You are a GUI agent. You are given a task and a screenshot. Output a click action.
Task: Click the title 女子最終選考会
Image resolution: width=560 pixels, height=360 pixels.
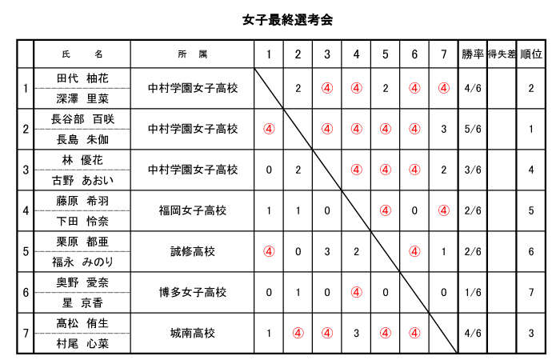tap(287, 20)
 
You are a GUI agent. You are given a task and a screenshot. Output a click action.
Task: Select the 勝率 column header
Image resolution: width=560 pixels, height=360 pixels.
tap(473, 54)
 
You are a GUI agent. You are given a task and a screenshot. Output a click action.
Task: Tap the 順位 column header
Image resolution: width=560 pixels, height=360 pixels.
tap(531, 54)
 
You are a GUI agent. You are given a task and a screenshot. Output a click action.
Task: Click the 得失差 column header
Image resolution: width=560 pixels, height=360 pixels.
tap(502, 54)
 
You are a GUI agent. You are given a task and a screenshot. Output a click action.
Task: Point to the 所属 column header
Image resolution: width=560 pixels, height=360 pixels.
tap(193, 54)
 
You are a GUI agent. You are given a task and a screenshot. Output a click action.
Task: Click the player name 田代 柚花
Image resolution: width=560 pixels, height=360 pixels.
tap(82, 78)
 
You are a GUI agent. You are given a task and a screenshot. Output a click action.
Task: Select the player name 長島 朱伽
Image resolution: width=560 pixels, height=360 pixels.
tap(82, 139)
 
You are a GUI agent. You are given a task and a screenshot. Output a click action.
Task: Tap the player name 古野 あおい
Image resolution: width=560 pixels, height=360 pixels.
tap(82, 180)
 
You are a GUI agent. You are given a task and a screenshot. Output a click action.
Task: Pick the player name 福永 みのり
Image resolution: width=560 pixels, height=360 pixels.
tap(82, 262)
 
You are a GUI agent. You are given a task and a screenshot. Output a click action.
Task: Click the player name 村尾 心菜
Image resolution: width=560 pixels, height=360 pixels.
tap(82, 343)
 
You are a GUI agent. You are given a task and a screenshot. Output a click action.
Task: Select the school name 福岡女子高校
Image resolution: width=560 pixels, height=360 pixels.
tap(193, 210)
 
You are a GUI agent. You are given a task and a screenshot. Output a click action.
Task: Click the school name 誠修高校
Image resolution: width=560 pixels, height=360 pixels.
tap(193, 252)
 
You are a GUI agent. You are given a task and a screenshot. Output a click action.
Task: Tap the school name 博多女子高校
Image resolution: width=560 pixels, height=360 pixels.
tap(193, 293)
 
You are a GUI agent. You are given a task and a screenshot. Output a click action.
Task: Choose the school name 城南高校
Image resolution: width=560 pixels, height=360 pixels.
tap(193, 334)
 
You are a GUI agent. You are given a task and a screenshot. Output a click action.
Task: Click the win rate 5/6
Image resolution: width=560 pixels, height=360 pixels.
tap(473, 129)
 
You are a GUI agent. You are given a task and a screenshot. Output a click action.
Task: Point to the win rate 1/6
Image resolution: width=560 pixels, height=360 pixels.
tap(473, 293)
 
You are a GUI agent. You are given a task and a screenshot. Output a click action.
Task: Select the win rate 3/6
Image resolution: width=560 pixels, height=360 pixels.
tap(473, 170)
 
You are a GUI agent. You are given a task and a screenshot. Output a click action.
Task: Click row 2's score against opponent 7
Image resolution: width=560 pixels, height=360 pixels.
tap(443, 129)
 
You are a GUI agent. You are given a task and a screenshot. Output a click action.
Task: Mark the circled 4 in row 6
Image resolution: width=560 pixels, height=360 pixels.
tap(356, 293)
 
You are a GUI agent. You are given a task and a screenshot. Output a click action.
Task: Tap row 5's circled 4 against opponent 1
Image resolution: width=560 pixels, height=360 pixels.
tap(269, 252)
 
